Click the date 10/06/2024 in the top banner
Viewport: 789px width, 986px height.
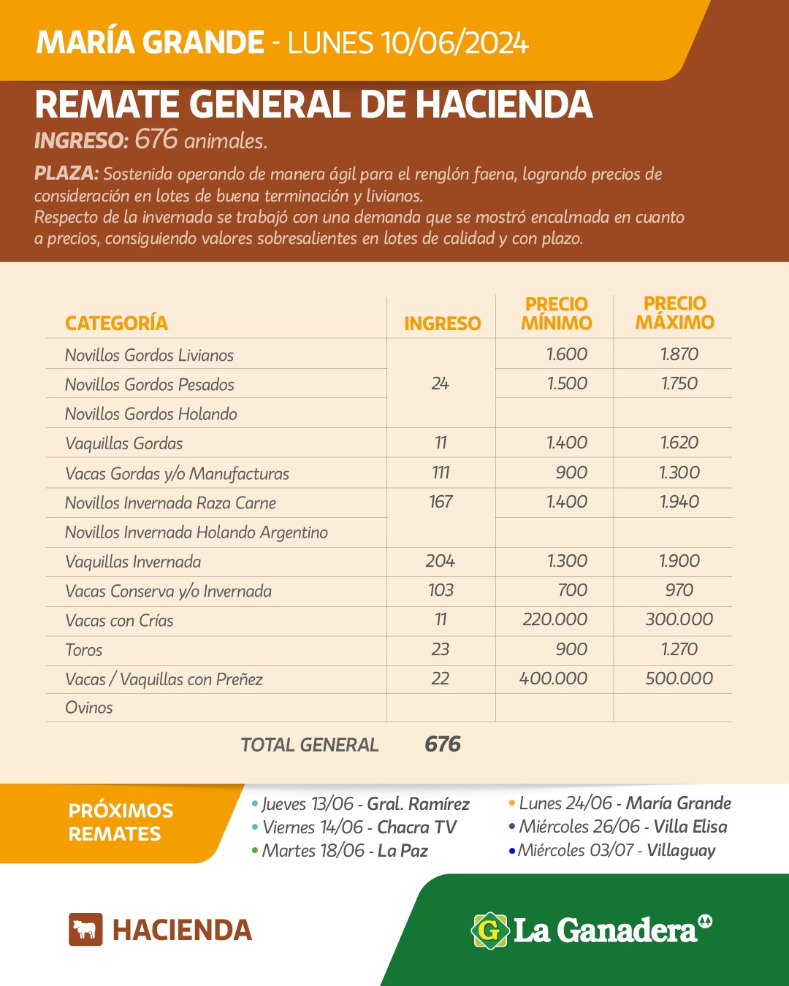454,43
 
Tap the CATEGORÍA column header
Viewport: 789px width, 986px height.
116,323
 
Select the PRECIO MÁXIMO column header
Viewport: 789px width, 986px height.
674,313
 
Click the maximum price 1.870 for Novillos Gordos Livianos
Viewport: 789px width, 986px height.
679,354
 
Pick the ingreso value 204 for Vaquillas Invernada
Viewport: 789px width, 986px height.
440,561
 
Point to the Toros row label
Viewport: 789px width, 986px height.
84,650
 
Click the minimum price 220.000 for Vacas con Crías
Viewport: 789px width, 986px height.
554,619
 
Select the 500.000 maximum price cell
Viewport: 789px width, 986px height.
679,679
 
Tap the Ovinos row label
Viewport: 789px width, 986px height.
89,708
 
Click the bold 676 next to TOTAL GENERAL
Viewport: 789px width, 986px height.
443,744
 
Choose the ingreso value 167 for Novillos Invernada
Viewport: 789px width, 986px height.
441,502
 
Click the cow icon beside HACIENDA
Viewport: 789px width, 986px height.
85,930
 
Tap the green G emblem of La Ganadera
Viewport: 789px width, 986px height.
489,930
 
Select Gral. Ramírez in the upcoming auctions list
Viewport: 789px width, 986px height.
418,804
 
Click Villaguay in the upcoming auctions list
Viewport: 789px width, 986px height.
681,850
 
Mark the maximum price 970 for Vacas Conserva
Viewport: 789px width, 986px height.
679,590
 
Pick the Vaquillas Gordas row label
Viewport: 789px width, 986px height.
124,443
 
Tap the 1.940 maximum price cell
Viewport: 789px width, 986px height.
679,502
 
